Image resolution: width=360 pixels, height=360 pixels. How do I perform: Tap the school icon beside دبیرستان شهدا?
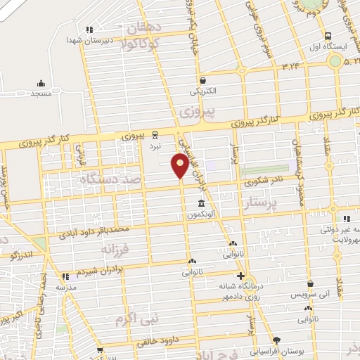tap(89, 30)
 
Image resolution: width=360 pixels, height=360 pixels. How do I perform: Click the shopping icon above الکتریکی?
tap(202, 80)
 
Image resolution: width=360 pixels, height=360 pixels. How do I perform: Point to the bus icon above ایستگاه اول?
tap(328, 36)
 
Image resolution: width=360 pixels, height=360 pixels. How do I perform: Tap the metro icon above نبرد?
tap(155, 135)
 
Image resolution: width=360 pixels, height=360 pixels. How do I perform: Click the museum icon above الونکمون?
tap(202, 205)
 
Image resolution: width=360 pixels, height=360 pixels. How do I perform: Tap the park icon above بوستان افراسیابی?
tap(276, 340)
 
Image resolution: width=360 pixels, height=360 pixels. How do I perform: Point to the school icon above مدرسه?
tap(65, 276)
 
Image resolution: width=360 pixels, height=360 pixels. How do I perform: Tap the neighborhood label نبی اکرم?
tap(139, 319)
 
